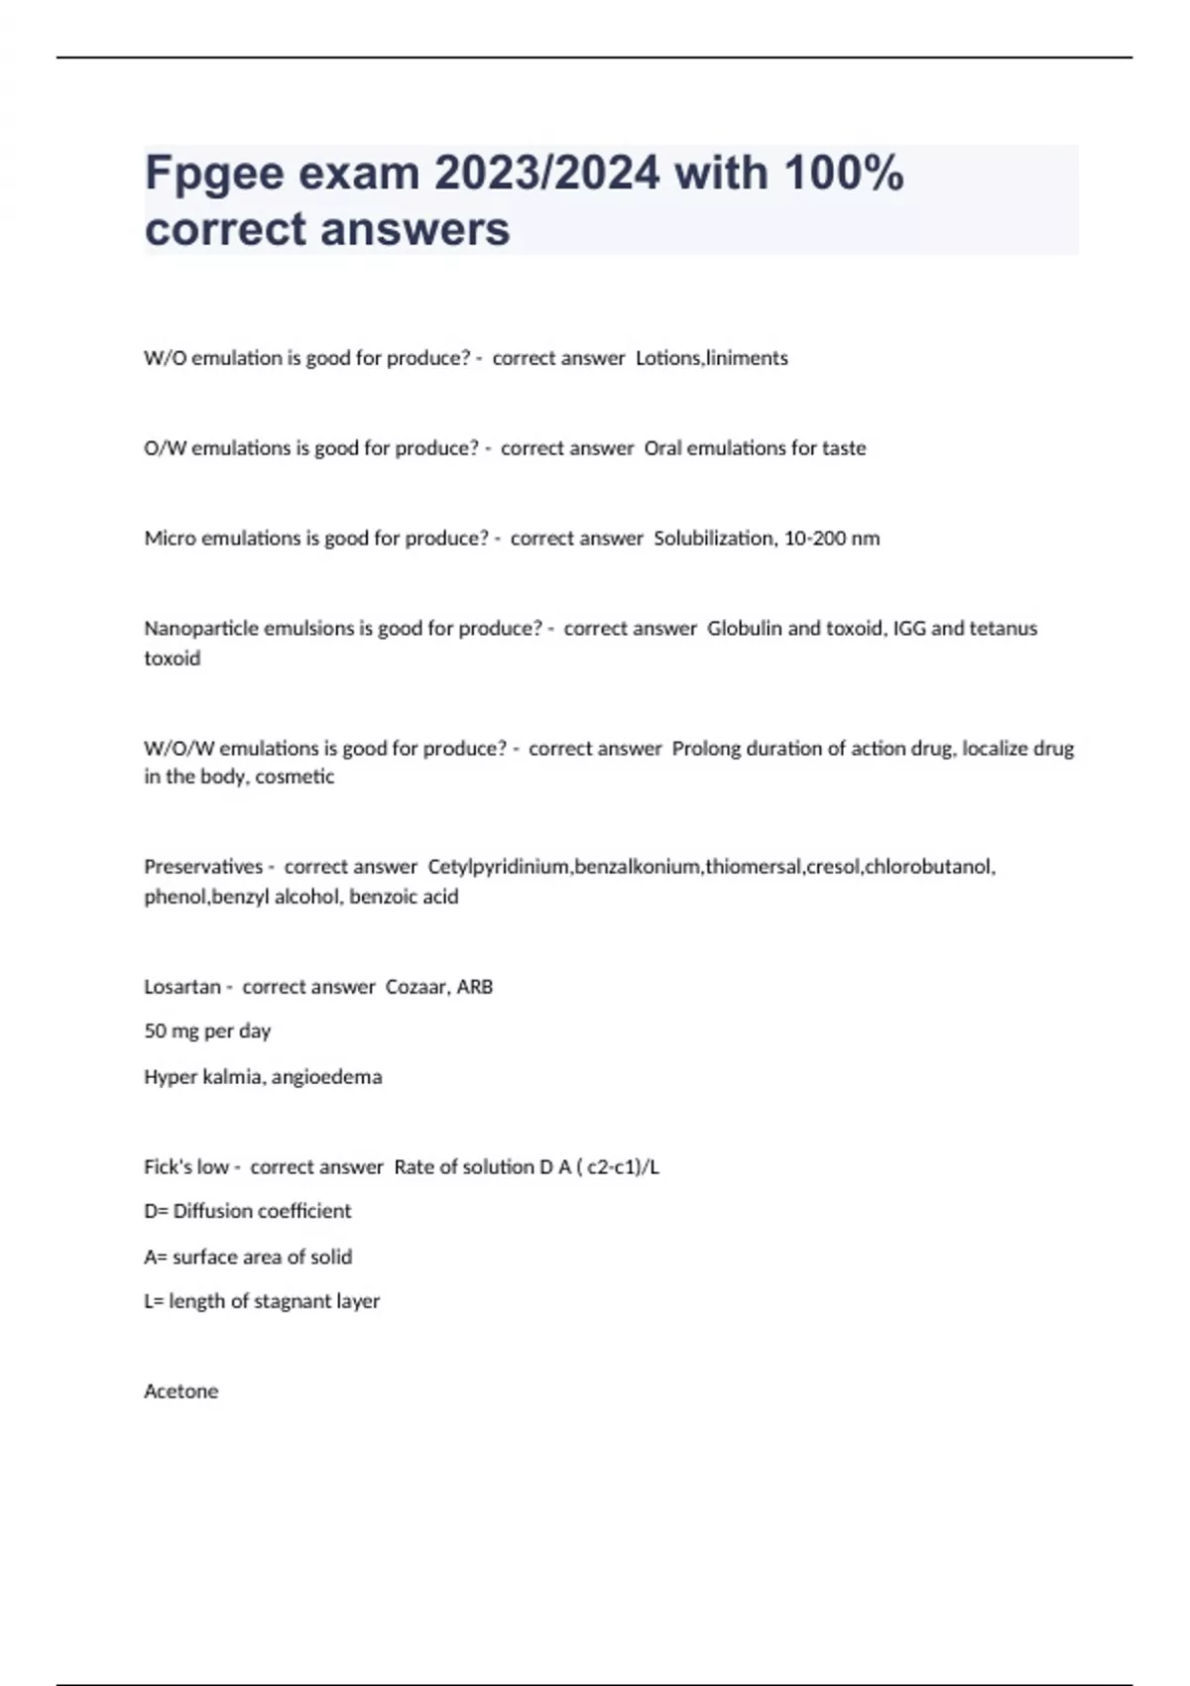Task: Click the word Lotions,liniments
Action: coord(711,358)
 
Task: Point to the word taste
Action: coord(844,448)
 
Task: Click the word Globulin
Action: coord(744,629)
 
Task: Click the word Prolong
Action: coord(705,749)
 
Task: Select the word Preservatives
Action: coord(203,867)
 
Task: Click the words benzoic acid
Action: coord(404,897)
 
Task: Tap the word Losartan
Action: coord(182,987)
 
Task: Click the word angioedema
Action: coord(326,1077)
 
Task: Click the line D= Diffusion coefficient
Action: coord(248,1211)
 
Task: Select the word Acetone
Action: coord(180,1391)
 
